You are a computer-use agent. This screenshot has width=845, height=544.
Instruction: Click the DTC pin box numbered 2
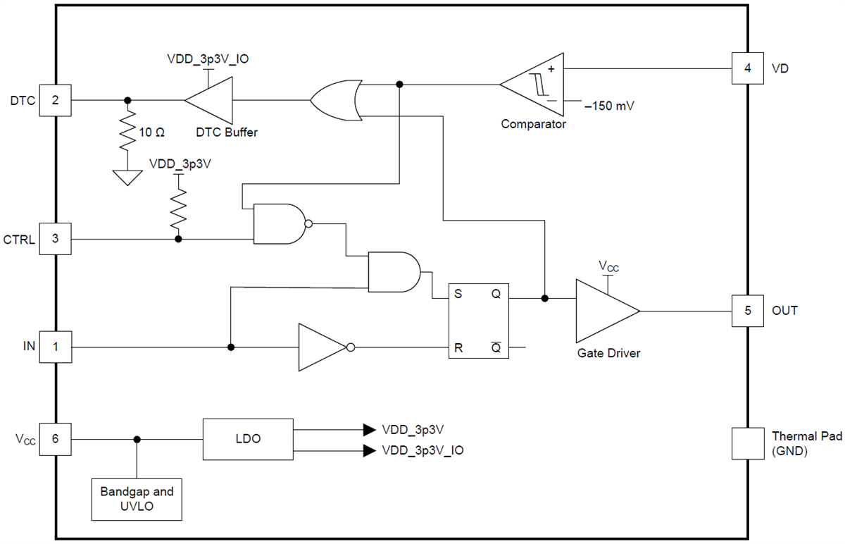56,100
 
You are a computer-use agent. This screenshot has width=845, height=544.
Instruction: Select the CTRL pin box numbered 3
56,240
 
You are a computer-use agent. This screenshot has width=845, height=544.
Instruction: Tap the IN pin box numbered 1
56,347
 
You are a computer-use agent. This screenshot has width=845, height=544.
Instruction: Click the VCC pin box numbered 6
56,440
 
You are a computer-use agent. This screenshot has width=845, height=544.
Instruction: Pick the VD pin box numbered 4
747,68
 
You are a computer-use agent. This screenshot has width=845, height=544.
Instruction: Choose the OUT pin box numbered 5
747,310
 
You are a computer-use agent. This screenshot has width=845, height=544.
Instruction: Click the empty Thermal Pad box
747,444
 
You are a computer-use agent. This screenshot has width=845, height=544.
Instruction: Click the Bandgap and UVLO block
137,499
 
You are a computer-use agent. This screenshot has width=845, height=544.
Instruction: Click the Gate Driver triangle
602,310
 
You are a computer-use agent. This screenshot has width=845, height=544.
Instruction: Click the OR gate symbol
335,100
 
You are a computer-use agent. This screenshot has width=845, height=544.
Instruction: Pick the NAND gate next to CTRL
279,224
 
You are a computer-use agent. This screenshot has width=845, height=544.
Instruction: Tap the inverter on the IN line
322,347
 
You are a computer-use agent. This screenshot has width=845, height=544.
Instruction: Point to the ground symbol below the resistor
127,177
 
